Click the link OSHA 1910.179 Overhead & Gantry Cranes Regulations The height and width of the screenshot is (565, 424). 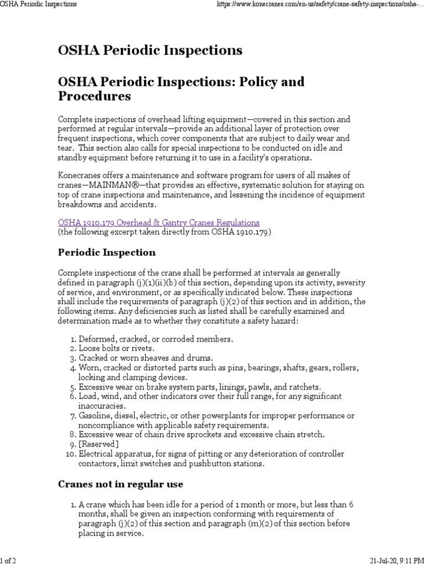click(x=158, y=222)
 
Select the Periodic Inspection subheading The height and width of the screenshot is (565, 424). click(x=107, y=252)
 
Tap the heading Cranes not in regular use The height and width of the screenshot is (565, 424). click(x=120, y=484)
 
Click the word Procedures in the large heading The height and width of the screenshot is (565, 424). click(x=94, y=96)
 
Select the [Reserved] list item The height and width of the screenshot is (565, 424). click(x=98, y=444)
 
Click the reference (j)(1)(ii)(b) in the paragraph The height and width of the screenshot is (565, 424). click(x=146, y=282)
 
